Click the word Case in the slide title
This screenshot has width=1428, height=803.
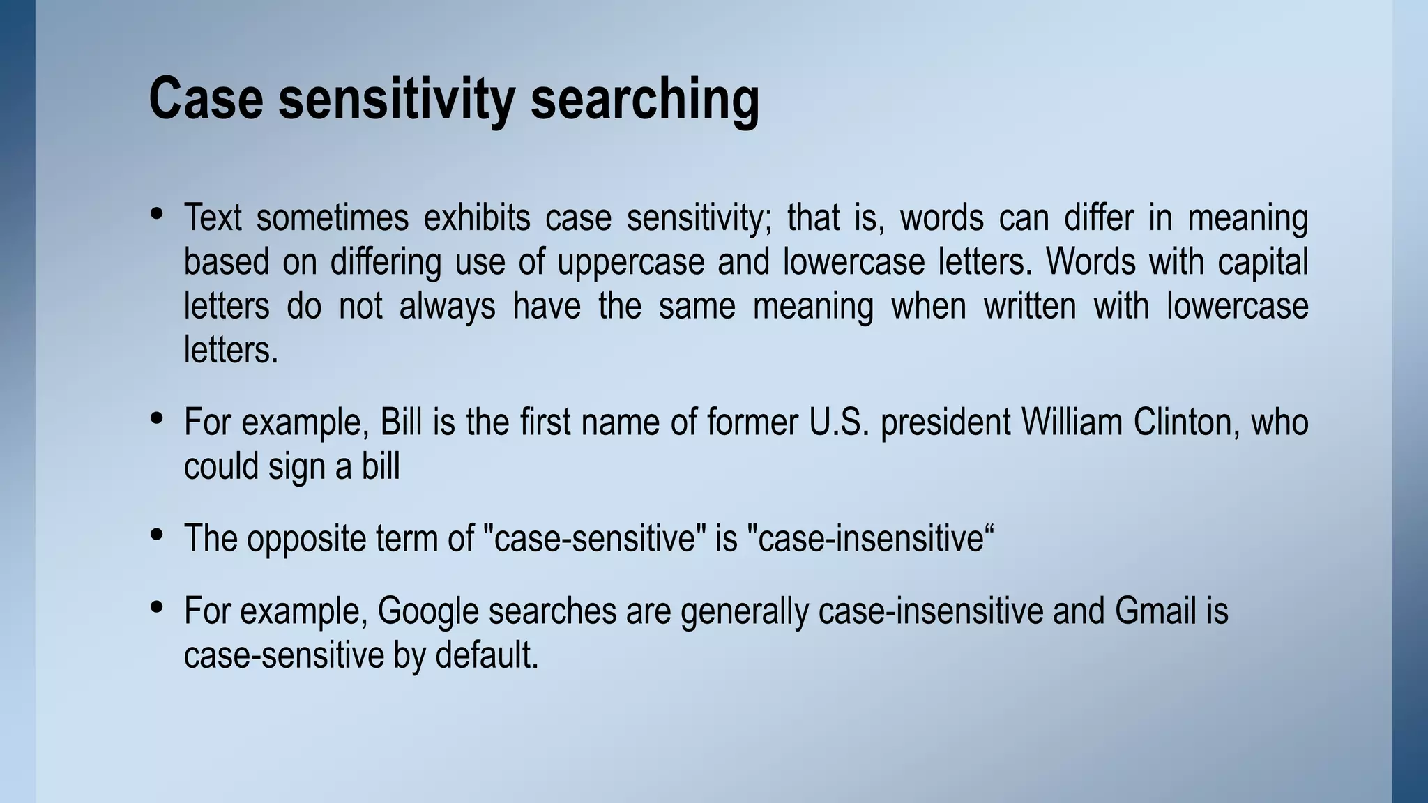click(x=206, y=99)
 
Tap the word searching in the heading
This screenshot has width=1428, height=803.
click(x=644, y=100)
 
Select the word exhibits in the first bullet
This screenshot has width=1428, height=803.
click(x=477, y=217)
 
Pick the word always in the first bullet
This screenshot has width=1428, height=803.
click(x=447, y=307)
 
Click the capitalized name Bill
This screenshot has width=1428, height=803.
click(x=400, y=422)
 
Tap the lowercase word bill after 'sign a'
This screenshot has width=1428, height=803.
click(x=381, y=466)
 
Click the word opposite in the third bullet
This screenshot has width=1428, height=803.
click(x=306, y=540)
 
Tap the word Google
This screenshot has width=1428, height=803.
click(x=427, y=611)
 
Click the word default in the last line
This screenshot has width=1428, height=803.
click(x=487, y=655)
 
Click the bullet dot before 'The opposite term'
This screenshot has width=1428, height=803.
click(x=157, y=535)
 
